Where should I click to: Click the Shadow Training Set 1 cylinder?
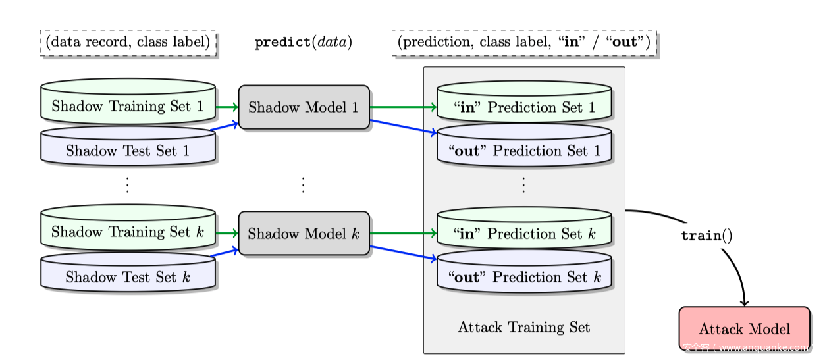click(128, 106)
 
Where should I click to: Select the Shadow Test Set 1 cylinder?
click(128, 151)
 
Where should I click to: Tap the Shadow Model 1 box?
click(304, 107)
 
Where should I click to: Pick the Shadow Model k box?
click(304, 234)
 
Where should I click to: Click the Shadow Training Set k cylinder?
click(128, 232)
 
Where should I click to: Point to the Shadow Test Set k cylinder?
click(128, 277)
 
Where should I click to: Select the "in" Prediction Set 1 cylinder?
click(524, 107)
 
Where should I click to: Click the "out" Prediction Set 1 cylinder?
click(524, 151)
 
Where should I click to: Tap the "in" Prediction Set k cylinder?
click(524, 234)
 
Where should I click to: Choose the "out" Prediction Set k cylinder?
click(524, 277)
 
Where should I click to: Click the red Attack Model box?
click(744, 328)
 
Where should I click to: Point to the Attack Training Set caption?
click(523, 327)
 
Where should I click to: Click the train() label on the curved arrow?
click(706, 236)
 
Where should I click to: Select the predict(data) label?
click(304, 43)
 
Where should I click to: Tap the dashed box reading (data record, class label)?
click(128, 43)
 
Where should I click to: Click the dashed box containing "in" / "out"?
click(524, 43)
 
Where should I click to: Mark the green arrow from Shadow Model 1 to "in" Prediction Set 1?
click(403, 107)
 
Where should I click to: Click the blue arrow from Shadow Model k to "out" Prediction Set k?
click(403, 254)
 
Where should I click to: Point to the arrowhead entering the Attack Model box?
click(745, 303)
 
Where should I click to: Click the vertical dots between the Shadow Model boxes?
click(304, 185)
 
